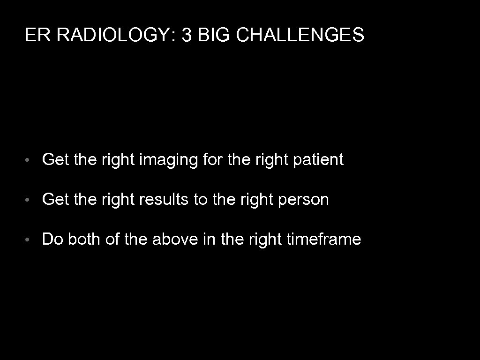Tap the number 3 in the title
coord(186,35)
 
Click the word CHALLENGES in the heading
coord(300,35)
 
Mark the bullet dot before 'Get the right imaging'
coord(29,161)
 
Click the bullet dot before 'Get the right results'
coord(29,201)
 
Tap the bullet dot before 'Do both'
coord(29,240)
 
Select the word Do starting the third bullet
coord(52,240)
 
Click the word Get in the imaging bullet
coord(56,160)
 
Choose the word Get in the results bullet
coord(56,200)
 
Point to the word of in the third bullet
coord(112,240)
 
